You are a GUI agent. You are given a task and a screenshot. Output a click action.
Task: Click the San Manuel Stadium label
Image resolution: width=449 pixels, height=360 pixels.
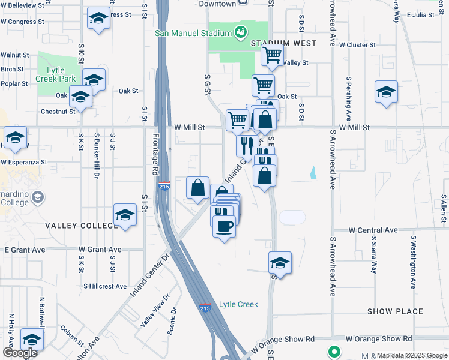pyautogui.click(x=193, y=33)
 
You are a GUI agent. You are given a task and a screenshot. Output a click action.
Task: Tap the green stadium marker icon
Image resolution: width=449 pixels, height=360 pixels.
pyautogui.click(x=241, y=31)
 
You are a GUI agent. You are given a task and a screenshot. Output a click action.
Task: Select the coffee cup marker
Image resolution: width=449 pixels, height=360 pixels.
pyautogui.click(x=224, y=227)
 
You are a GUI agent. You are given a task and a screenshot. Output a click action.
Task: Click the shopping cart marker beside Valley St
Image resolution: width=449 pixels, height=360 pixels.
pyautogui.click(x=273, y=56)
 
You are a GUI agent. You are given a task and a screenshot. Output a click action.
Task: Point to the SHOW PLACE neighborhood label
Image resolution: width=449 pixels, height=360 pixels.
pyautogui.click(x=395, y=311)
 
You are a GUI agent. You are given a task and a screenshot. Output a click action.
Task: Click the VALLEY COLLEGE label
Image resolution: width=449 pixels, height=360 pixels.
pyautogui.click(x=82, y=225)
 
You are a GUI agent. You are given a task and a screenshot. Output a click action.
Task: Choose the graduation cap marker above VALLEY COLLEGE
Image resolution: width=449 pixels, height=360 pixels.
pyautogui.click(x=124, y=215)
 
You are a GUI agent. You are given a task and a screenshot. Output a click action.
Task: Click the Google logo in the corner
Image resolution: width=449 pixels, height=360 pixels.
pyautogui.click(x=20, y=353)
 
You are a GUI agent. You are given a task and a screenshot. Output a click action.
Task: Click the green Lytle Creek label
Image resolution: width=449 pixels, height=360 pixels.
pyautogui.click(x=238, y=304)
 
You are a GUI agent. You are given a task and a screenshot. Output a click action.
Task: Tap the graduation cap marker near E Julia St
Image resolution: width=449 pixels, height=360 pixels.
pyautogui.click(x=387, y=92)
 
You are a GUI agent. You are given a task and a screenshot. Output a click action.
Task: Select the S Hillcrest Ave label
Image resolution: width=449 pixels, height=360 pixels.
pyautogui.click(x=105, y=287)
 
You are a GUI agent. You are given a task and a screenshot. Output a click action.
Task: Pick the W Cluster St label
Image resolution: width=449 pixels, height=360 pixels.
pyautogui.click(x=357, y=44)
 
